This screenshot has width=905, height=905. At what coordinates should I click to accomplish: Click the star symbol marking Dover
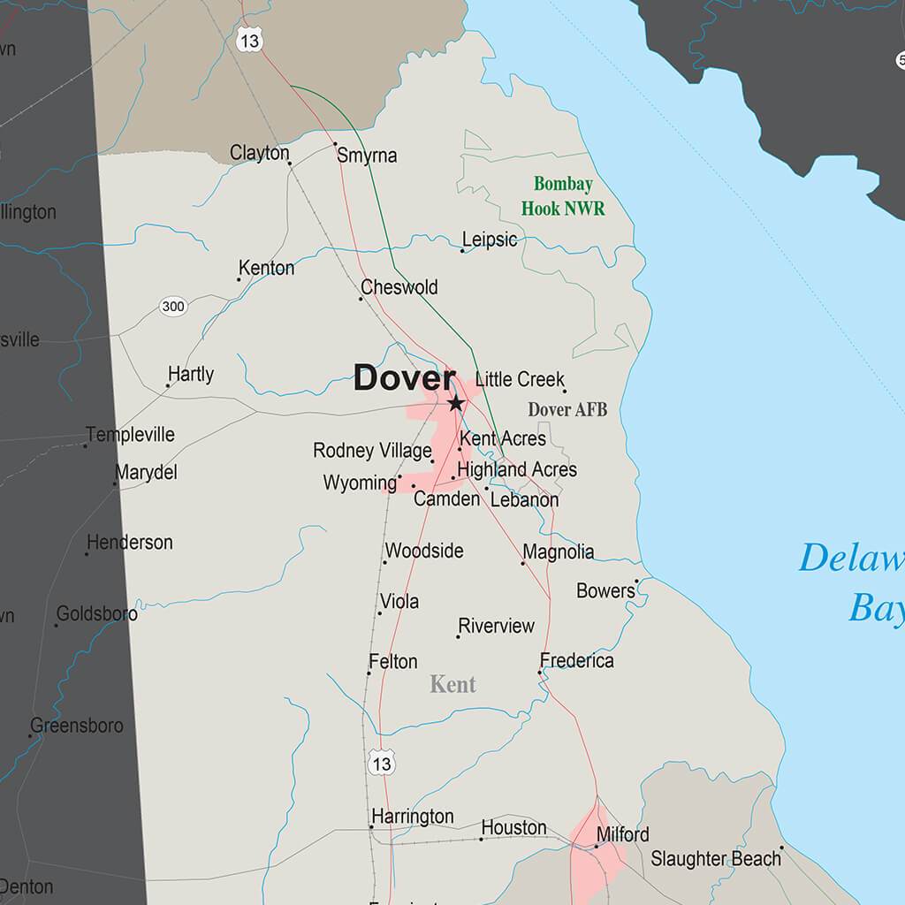tap(455, 404)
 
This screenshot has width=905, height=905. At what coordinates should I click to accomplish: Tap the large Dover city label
tap(404, 378)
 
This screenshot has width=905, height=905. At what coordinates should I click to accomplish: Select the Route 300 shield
tap(173, 307)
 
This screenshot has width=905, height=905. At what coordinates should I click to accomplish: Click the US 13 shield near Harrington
tap(382, 763)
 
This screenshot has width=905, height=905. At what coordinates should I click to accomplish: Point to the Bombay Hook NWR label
tap(563, 196)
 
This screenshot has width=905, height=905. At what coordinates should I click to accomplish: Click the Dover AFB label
tap(567, 409)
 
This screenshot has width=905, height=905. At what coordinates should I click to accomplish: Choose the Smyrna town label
tap(367, 156)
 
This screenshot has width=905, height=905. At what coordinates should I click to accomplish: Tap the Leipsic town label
tap(490, 240)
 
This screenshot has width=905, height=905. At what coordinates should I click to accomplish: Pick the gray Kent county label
tap(452, 684)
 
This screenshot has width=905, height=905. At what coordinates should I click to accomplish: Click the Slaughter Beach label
tap(716, 858)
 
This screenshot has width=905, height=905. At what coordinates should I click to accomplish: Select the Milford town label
tap(623, 834)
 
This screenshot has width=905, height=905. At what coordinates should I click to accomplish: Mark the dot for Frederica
tap(539, 673)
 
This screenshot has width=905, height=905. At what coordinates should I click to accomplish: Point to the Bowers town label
tap(605, 590)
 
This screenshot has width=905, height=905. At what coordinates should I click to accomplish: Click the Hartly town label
tap(191, 374)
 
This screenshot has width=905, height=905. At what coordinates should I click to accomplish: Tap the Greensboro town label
tap(77, 726)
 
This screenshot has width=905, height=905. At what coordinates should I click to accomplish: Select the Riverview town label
tap(497, 626)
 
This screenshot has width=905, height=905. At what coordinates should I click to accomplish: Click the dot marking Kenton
tap(239, 279)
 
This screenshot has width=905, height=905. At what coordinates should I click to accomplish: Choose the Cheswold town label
tap(399, 287)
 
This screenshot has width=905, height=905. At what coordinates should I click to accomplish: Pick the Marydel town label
tap(147, 473)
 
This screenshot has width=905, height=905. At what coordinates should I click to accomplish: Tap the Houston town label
tap(513, 828)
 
